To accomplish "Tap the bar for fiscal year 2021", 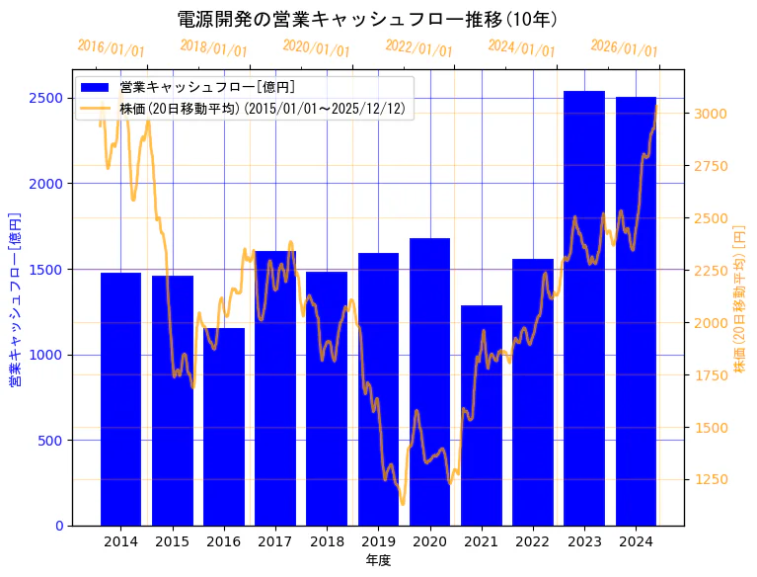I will tap(482, 415).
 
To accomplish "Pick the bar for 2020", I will tap(429, 381).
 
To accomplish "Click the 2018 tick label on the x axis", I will tap(327, 541).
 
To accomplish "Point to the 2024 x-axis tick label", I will tap(636, 541).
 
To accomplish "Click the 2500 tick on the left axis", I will tap(47, 98).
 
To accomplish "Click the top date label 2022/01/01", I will tap(418, 49).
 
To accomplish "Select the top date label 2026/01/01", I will tap(624, 49).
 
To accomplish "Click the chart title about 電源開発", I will tap(367, 19).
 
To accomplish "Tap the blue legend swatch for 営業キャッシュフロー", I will tap(96, 87).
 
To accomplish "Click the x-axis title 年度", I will tap(378, 560).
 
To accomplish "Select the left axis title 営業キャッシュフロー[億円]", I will tap(15, 298).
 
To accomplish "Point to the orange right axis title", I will tap(739, 298).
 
